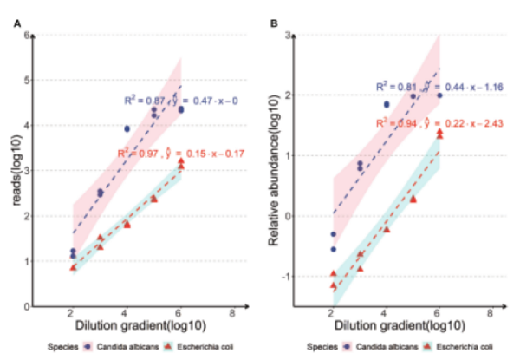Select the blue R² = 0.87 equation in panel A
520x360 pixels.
(x=180, y=101)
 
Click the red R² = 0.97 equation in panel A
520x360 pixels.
(x=180, y=154)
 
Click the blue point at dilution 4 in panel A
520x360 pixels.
(x=127, y=128)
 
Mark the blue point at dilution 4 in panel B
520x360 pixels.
(x=386, y=104)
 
